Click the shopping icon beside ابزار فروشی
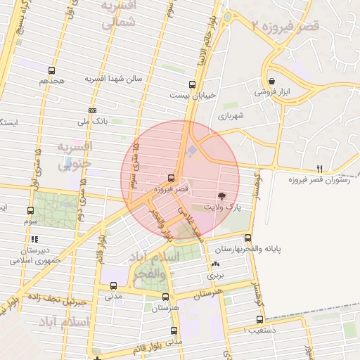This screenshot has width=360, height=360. coord(272,81)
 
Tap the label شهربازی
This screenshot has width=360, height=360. coord(230,115)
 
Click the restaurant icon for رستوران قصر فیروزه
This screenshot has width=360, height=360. coord(319,169)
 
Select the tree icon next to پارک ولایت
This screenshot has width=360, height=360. coord(222,196)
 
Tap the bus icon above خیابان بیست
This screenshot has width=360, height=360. coord(193,84)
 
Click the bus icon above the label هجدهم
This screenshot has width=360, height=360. coord(52,70)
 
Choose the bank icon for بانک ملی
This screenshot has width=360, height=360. coord(92,110)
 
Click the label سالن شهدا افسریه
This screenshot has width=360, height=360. coord(114,79)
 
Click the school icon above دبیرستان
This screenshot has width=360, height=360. coord(34,239)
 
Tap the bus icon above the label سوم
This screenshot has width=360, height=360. coord(30,210)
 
